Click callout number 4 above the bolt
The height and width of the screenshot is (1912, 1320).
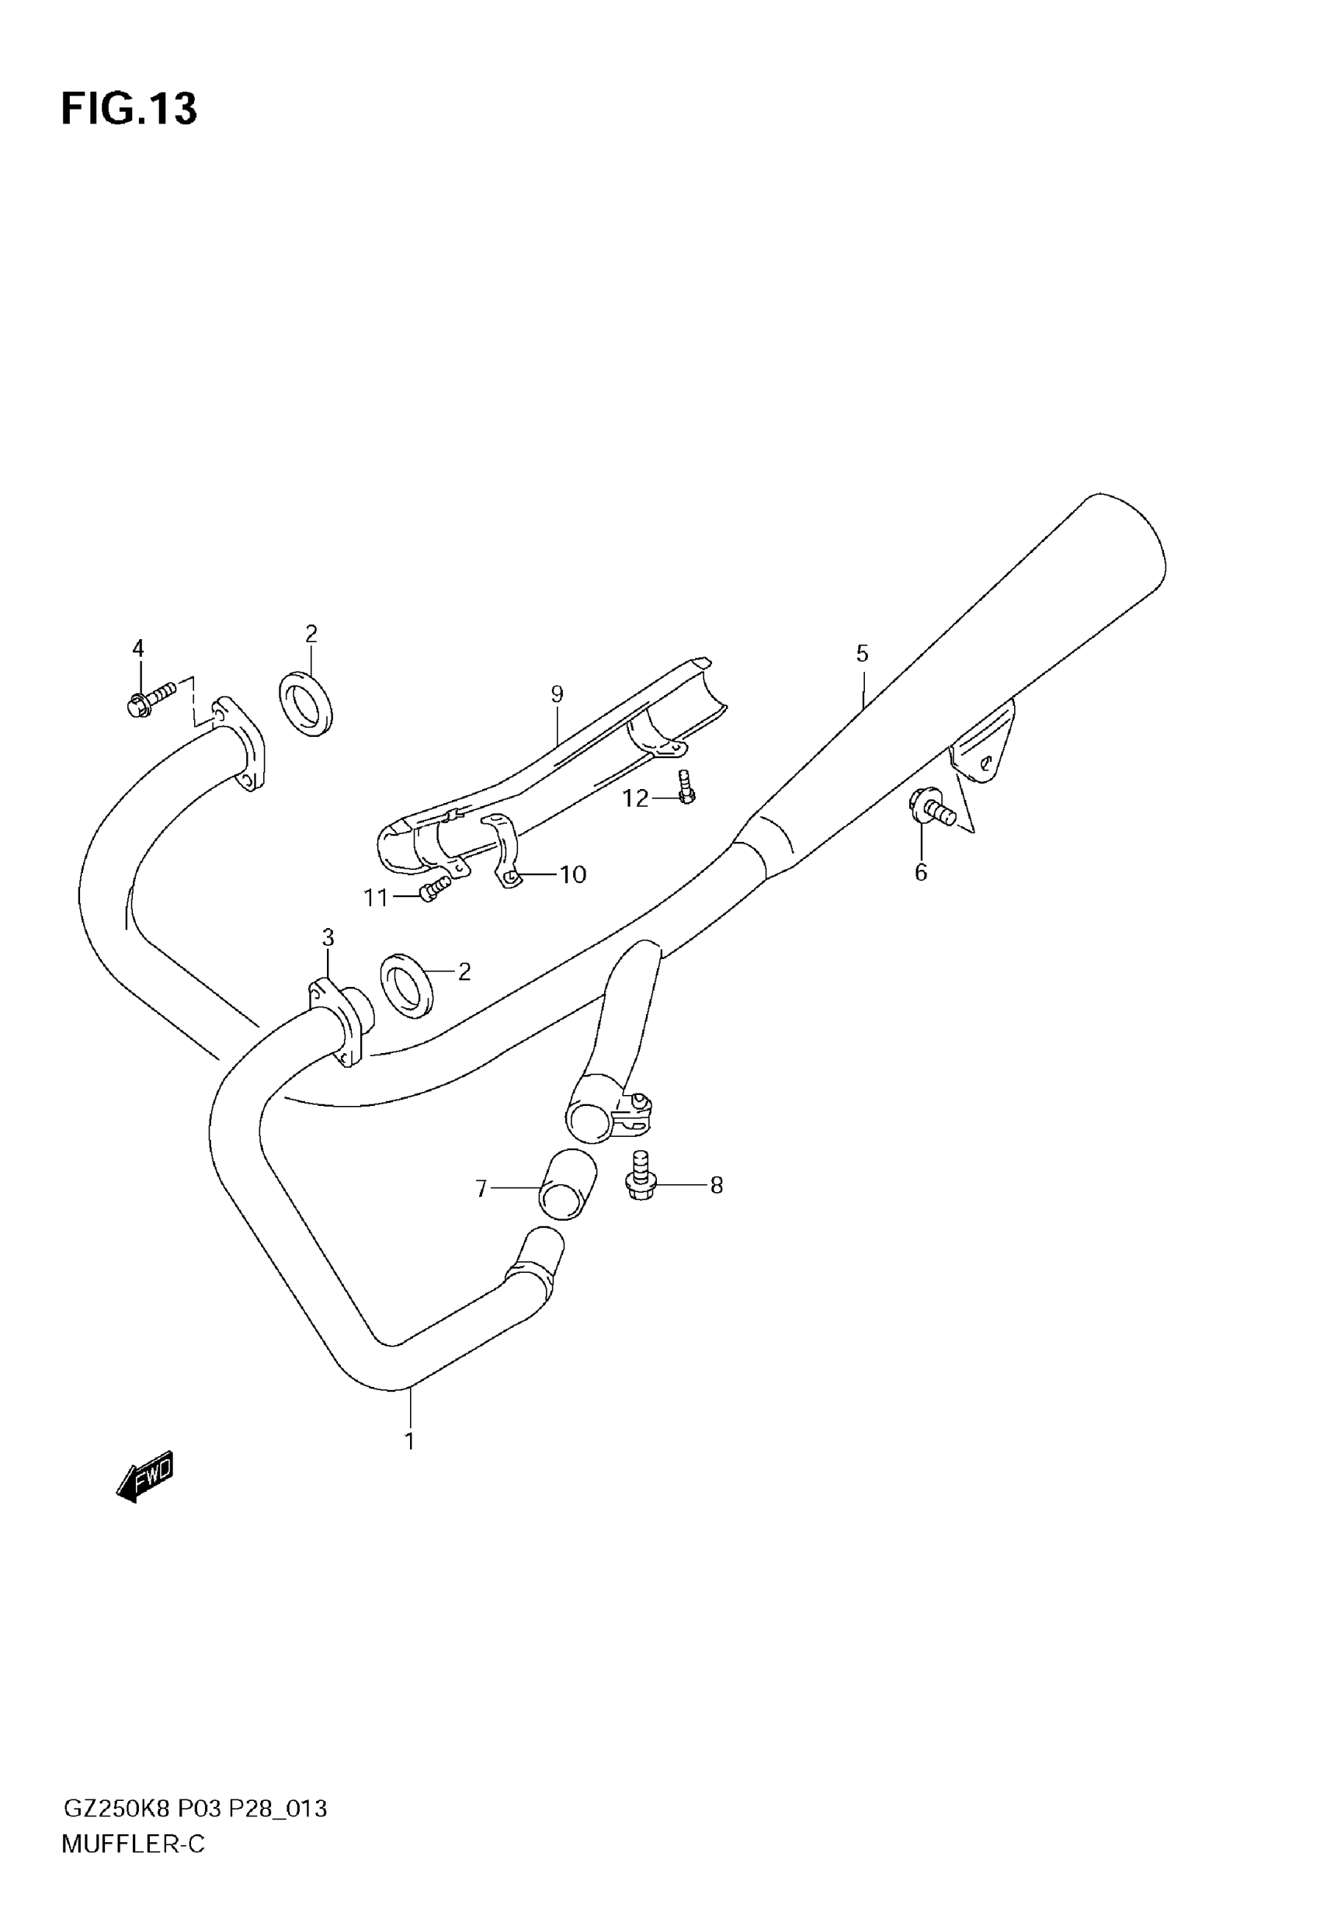[x=138, y=648]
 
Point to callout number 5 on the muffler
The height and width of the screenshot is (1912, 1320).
[x=862, y=654]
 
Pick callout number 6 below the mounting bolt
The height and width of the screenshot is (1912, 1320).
[x=921, y=872]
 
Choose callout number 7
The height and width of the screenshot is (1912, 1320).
[x=481, y=1188]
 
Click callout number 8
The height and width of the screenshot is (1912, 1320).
[x=716, y=1186]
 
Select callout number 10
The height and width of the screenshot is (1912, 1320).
[x=572, y=874]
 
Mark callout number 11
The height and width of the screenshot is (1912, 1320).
[x=377, y=897]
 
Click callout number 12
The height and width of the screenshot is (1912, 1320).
[x=635, y=798]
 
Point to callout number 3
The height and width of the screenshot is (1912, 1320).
[x=328, y=938]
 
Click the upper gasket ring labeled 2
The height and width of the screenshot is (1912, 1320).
[x=306, y=704]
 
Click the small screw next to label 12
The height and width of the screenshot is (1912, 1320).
[x=685, y=786]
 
